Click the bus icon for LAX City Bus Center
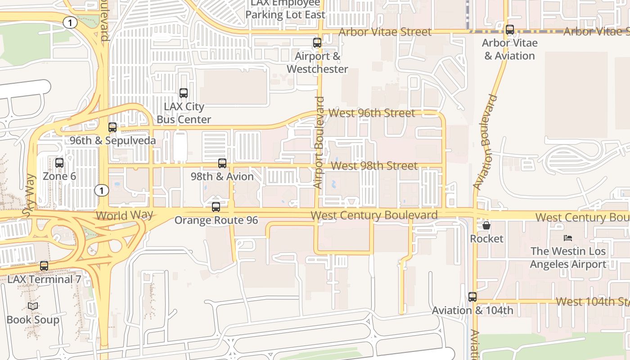[184, 93]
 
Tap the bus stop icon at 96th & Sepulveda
[112, 127]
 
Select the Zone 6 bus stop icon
[59, 163]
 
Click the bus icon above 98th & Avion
[222, 163]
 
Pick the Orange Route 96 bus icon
[216, 207]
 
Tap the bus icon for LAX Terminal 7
[44, 266]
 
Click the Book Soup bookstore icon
[33, 306]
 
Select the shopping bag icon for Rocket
[486, 225]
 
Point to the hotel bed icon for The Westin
[568, 238]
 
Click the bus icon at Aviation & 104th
[472, 297]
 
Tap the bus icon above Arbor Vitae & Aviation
[510, 30]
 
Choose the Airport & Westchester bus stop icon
[317, 43]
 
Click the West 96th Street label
[372, 113]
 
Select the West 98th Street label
[374, 166]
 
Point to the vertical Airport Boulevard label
[319, 142]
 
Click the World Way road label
[124, 215]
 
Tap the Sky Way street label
[30, 196]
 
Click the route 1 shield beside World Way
[102, 190]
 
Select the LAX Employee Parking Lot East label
[285, 9]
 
